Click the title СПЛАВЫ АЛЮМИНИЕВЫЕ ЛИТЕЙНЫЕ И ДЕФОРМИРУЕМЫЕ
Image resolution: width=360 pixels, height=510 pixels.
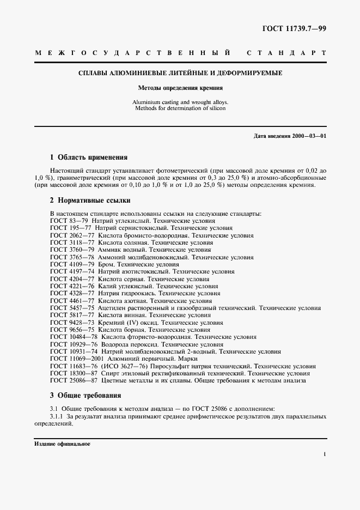(180, 72)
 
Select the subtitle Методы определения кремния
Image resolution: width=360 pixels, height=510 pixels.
(180, 88)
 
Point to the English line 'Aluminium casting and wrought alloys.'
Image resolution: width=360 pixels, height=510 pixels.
(180, 102)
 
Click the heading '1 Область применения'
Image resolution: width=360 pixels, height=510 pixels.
(89, 157)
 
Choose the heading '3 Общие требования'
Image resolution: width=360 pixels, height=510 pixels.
(86, 395)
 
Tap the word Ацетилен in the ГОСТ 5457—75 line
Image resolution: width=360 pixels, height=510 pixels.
(112, 308)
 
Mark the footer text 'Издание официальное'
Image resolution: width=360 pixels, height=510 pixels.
(62, 444)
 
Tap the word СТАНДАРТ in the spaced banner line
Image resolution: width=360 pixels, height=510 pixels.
(286, 53)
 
